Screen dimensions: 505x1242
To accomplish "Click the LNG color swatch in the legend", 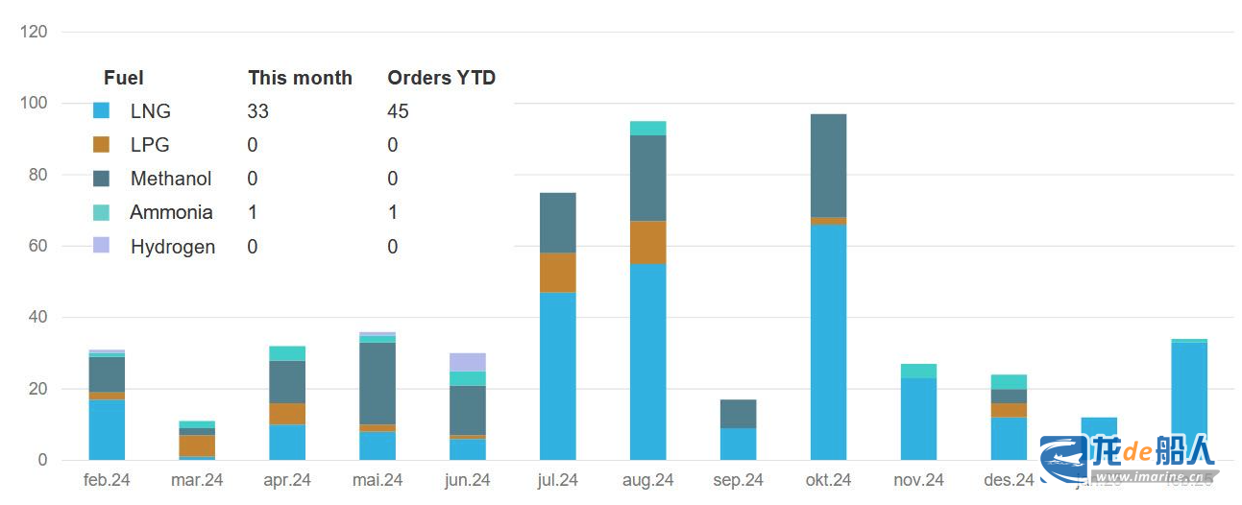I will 101,111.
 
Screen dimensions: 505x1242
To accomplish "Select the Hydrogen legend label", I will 172,247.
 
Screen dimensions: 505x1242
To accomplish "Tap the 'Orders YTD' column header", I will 441,78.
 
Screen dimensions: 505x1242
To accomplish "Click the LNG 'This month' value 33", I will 257,111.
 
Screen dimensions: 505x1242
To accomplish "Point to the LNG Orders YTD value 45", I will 398,111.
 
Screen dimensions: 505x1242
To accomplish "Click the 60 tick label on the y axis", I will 37,246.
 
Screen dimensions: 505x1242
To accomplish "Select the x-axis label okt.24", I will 827,480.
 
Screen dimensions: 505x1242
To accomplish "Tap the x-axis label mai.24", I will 377,480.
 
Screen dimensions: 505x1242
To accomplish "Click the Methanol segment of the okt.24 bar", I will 828,165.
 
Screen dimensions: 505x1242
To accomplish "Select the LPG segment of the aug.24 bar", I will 647,242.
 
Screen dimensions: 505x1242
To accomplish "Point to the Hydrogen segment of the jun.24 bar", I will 468,362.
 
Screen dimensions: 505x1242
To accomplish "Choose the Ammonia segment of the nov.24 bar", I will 918,371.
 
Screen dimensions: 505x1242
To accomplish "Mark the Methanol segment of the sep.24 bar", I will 738,414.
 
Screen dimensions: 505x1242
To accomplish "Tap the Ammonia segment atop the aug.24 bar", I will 647,129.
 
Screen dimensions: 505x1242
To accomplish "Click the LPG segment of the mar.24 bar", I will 197,445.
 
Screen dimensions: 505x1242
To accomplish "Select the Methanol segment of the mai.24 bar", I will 377,383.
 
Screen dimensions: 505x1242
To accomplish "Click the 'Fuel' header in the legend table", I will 123,78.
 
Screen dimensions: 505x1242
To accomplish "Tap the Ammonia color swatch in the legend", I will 101,212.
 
